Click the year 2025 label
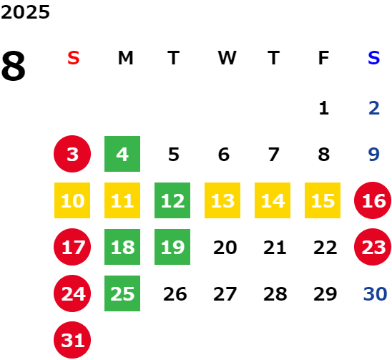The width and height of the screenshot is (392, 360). click(x=25, y=12)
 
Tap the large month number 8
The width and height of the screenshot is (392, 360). click(x=14, y=66)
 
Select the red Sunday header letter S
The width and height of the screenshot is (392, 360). click(x=74, y=58)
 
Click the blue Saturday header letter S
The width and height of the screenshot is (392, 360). click(x=373, y=58)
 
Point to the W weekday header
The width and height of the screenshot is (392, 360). click(x=227, y=58)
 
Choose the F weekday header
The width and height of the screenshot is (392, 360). click(x=323, y=58)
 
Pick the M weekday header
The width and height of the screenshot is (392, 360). click(x=125, y=58)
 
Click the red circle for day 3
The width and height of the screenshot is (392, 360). click(x=72, y=154)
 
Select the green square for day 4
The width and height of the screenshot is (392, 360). click(x=122, y=154)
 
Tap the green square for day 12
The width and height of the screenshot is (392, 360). click(x=172, y=200)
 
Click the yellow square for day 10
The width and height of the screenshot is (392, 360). click(x=72, y=200)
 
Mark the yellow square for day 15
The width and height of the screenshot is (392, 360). click(x=323, y=200)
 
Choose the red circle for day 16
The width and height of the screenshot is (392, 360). click(x=373, y=200)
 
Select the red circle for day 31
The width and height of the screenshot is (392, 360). click(x=72, y=340)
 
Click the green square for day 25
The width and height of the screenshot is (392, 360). click(x=122, y=293)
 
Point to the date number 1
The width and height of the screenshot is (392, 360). click(x=324, y=108)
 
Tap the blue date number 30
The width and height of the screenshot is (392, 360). click(x=375, y=293)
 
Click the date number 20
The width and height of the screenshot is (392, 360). click(x=225, y=248)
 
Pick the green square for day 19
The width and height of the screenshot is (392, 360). click(x=172, y=247)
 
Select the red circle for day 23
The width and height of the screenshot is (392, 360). click(x=373, y=247)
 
